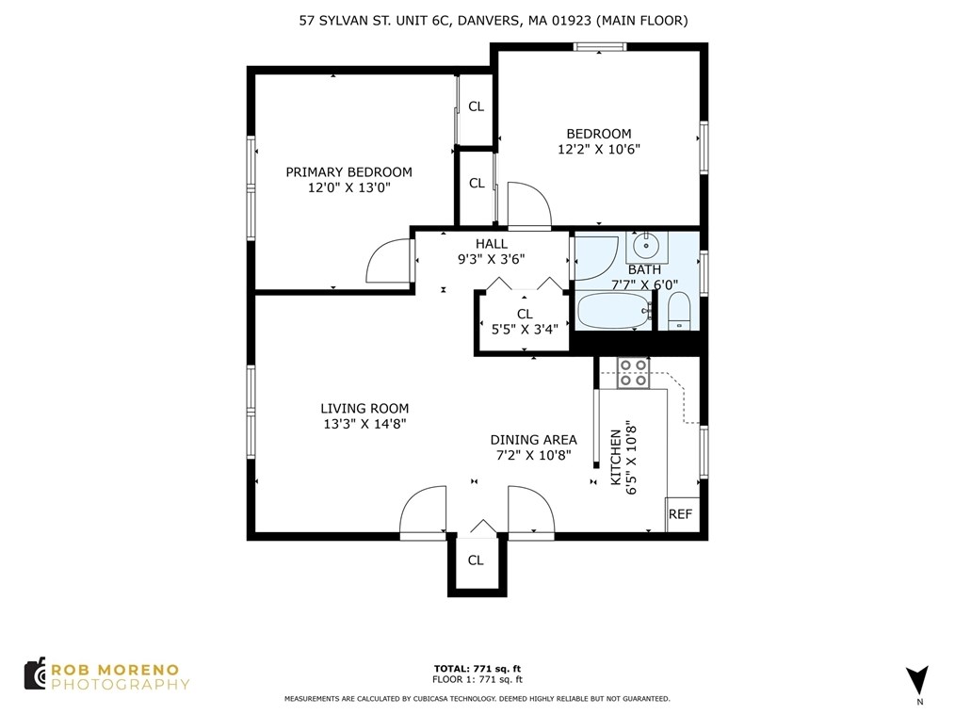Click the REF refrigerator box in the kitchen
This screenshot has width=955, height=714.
click(681, 514)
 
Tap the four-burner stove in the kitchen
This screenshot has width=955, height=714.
click(633, 373)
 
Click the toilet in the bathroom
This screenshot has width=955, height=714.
click(679, 310)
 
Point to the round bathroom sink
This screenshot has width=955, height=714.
click(647, 248)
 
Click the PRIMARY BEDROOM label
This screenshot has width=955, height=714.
click(348, 171)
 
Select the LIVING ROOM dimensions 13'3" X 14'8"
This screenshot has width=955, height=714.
click(364, 424)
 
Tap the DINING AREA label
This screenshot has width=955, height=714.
click(533, 440)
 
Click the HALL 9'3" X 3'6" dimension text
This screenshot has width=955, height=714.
click(491, 259)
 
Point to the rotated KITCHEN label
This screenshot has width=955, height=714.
click(616, 458)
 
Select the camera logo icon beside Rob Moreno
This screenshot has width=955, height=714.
click(36, 674)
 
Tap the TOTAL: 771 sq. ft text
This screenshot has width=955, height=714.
click(477, 668)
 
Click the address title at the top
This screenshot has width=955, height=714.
click(487, 20)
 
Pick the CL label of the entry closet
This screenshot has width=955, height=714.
click(476, 560)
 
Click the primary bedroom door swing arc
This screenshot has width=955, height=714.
click(387, 260)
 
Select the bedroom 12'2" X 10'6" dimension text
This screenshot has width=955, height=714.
click(598, 149)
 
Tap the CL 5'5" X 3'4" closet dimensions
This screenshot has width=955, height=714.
click(525, 329)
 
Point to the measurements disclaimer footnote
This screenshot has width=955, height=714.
click(477, 699)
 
